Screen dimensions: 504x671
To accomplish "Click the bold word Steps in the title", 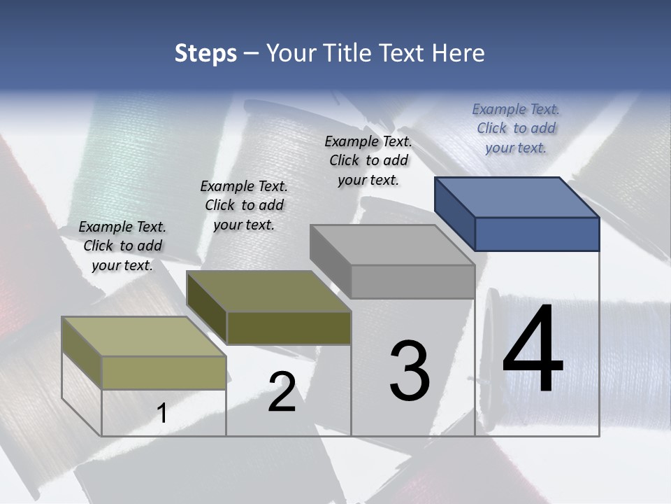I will click(205, 54).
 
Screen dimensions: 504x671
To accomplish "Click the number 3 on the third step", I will click(410, 371).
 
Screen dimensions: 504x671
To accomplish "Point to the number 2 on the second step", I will click(282, 392).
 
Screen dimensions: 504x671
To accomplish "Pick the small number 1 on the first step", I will click(161, 414).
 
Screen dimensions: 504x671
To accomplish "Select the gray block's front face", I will click(412, 282).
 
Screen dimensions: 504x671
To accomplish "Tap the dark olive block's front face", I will click(289, 328).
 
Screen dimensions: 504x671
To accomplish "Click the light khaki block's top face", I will click(144, 337).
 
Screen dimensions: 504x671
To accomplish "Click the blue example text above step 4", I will click(516, 128).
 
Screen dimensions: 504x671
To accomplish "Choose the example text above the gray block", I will click(368, 160).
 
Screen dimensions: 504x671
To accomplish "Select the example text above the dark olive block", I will click(244, 205).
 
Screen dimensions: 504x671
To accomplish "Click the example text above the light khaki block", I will click(122, 246).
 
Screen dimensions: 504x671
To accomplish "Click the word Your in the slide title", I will click(291, 53).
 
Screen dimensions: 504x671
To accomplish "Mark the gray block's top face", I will click(391, 245).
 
